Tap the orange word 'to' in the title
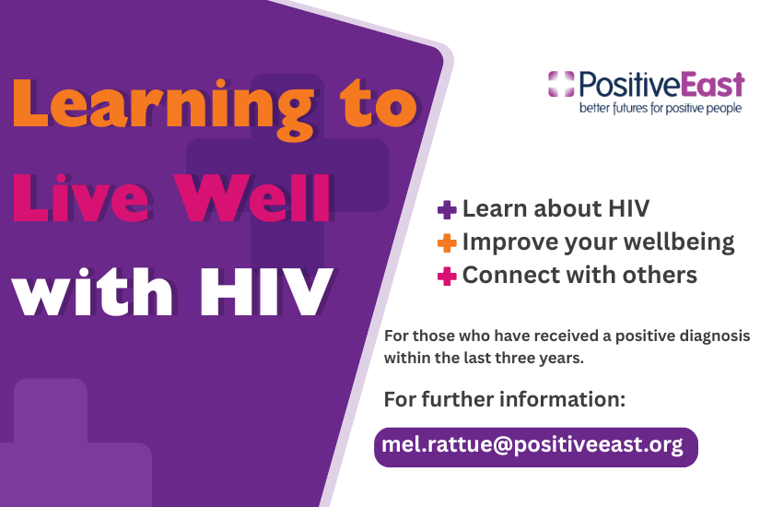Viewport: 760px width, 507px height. pyautogui.click(x=379, y=103)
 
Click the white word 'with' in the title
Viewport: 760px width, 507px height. pyautogui.click(x=92, y=291)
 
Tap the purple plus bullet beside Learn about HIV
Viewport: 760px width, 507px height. pyautogui.click(x=447, y=210)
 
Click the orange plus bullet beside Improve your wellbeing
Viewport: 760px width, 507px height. pyautogui.click(x=447, y=243)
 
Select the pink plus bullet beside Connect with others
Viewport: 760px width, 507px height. pyautogui.click(x=447, y=276)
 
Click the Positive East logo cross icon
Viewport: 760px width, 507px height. pyautogui.click(x=561, y=84)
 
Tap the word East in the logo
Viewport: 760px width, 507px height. pyautogui.click(x=713, y=85)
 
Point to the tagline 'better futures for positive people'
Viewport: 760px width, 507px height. pyautogui.click(x=661, y=108)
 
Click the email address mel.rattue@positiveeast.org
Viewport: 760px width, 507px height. pyautogui.click(x=532, y=445)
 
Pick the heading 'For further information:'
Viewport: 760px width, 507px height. pyautogui.click(x=505, y=399)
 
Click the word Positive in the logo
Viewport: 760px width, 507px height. pyautogui.click(x=629, y=85)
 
